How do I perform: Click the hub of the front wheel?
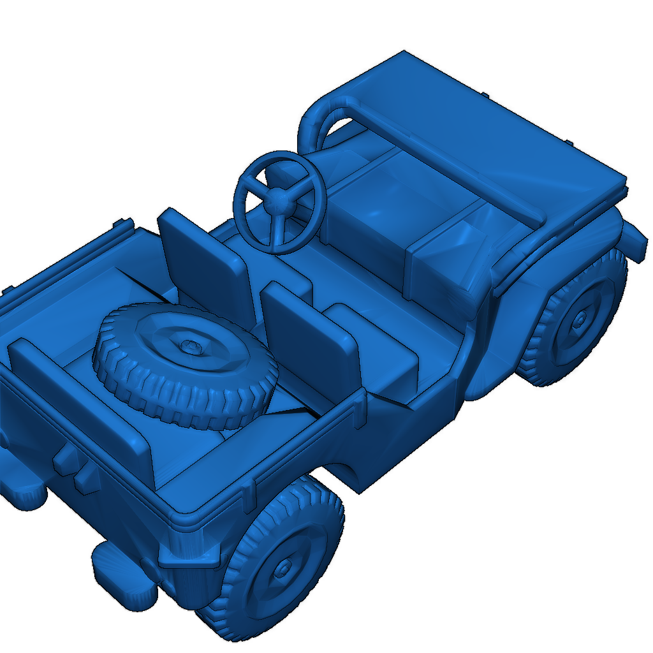[580, 317]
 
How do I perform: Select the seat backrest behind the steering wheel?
[203, 261]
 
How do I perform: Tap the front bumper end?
[634, 239]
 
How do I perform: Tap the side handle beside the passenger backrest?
[361, 408]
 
